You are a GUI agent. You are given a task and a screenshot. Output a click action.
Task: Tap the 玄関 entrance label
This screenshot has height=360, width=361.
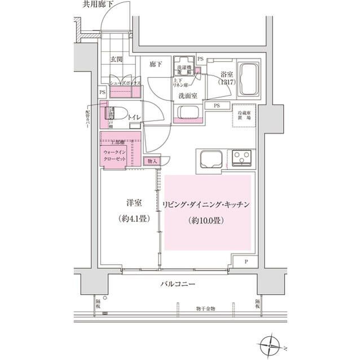(117, 59)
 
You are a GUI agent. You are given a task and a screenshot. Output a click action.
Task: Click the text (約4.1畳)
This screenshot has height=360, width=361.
(133, 220)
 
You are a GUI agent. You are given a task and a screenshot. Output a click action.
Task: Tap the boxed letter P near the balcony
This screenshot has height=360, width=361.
(247, 262)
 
